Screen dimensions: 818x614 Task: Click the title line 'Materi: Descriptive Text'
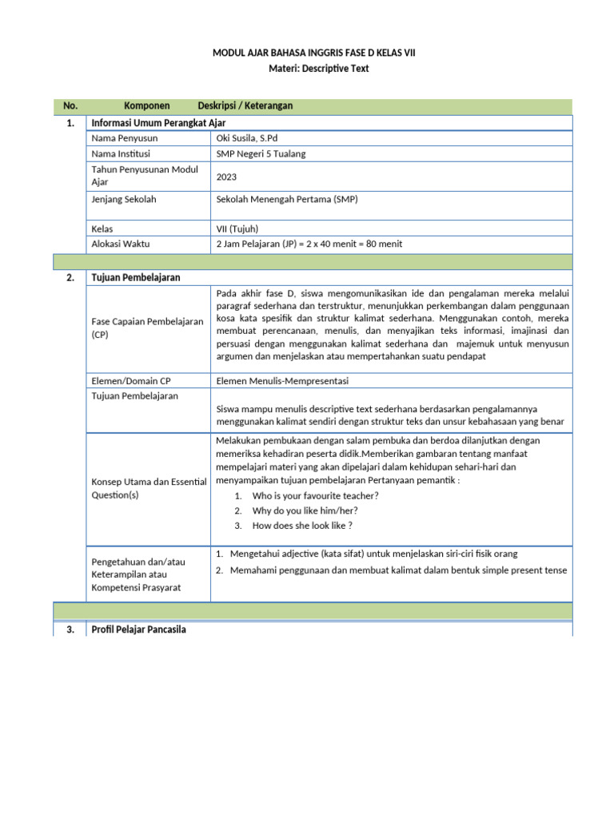point(313,69)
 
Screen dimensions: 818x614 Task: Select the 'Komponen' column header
point(147,105)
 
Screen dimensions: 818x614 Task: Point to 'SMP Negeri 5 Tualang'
point(261,154)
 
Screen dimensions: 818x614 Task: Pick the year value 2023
point(227,177)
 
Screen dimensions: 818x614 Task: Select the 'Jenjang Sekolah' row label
point(125,199)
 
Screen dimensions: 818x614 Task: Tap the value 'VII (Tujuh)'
point(237,228)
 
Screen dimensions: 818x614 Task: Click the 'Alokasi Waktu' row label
point(121,244)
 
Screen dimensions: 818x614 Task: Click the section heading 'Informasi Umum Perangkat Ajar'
point(159,122)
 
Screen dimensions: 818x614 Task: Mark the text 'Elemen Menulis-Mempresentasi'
point(282,380)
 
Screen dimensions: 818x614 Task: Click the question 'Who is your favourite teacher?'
point(315,495)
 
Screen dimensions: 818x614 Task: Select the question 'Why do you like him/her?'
point(305,510)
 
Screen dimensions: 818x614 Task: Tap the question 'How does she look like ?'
point(302,526)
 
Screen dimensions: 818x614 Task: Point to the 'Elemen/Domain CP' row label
point(131,380)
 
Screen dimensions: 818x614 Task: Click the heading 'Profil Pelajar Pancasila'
point(139,629)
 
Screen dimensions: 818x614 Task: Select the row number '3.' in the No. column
point(70,629)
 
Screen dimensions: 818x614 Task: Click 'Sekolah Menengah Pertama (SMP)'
point(287,199)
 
